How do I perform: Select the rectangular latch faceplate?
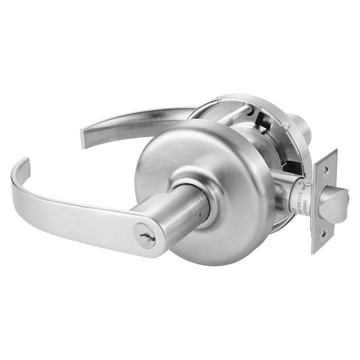(324, 200)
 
